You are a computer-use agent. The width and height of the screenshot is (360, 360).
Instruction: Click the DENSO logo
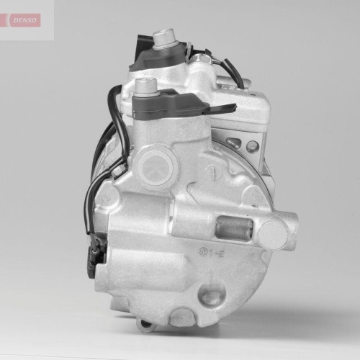click(25, 19)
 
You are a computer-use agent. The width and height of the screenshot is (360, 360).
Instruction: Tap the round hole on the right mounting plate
click(252, 146)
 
